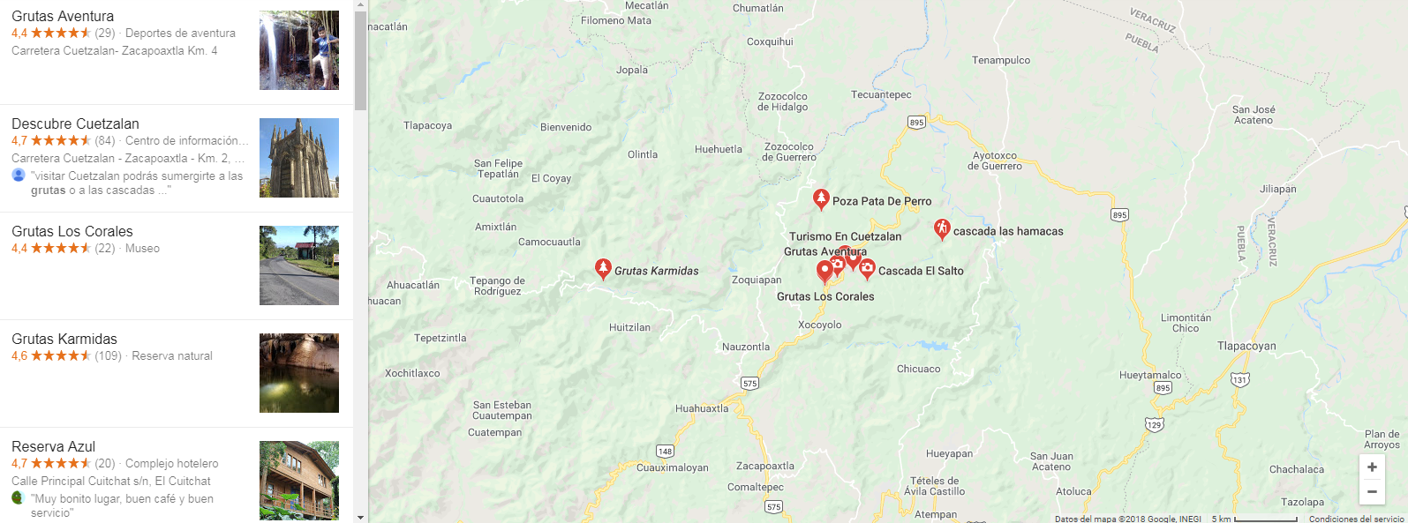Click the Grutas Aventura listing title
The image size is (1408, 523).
pos(63,16)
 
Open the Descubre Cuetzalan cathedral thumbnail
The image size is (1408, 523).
pos(298,158)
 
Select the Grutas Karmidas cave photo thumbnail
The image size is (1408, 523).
pos(298,373)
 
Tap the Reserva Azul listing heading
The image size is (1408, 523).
pos(53,446)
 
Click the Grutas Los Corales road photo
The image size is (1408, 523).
pos(298,265)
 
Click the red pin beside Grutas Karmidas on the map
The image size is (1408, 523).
pos(603,268)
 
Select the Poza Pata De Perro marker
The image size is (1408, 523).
pos(821,198)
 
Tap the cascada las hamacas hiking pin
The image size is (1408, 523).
pos(942,229)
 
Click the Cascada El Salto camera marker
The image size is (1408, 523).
pos(867,268)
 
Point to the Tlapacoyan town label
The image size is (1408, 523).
pos(1246,346)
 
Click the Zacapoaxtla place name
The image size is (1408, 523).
pos(764,466)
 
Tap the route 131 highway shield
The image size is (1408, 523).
pos(1240,380)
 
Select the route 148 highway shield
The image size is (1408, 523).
pos(665,451)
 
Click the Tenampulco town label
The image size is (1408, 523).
pos(1001,60)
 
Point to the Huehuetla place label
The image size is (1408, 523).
pos(718,149)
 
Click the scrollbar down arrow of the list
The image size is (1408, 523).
pos(360,517)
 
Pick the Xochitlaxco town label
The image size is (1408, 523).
pos(412,373)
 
